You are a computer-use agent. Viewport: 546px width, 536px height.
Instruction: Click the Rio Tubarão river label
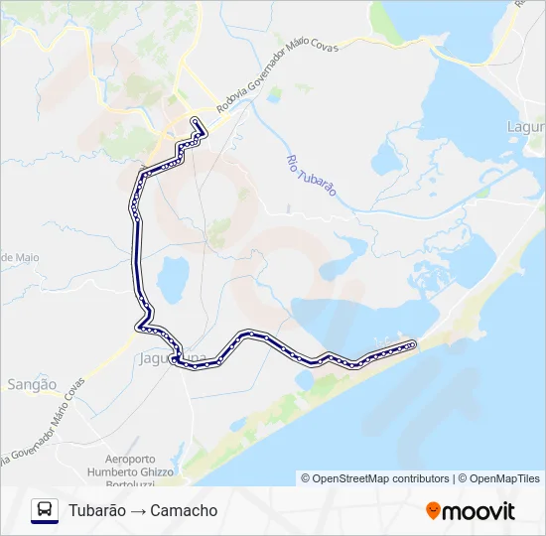pos(312,175)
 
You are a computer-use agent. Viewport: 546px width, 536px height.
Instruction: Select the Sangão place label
pos(32,383)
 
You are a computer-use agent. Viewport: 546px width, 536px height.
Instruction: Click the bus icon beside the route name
pos(45,509)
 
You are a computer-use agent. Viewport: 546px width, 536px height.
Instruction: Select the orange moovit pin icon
pos(433,511)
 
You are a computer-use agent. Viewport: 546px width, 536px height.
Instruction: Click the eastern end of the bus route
pos(412,343)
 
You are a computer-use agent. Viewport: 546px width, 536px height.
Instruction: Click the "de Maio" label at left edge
pos(18,257)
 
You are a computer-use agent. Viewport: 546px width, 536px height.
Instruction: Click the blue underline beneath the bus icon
pos(45,523)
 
